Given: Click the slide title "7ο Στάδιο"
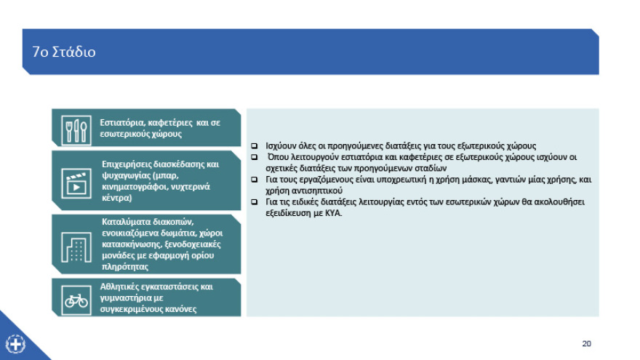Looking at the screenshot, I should (x=64, y=52).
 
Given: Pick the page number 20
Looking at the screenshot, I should (x=586, y=343).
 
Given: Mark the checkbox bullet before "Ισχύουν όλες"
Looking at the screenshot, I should (x=254, y=145).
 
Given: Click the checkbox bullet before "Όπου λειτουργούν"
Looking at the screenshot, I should (x=254, y=156).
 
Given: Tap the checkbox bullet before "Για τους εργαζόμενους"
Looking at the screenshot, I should (x=254, y=178).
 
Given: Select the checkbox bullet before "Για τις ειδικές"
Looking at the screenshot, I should (x=254, y=201).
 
